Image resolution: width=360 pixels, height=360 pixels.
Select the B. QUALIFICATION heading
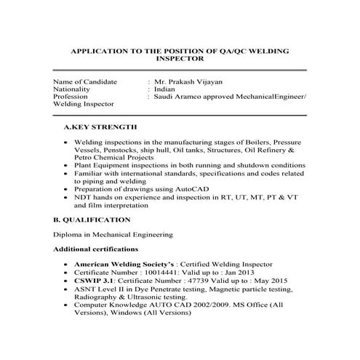point(92,219)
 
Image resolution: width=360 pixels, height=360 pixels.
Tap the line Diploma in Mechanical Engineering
point(113,234)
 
